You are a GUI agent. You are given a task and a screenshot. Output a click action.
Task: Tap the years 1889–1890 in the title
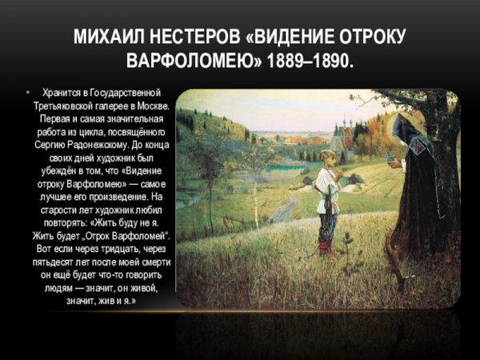312,61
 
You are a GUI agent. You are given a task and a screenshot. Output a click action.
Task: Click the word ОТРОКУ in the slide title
367,37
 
